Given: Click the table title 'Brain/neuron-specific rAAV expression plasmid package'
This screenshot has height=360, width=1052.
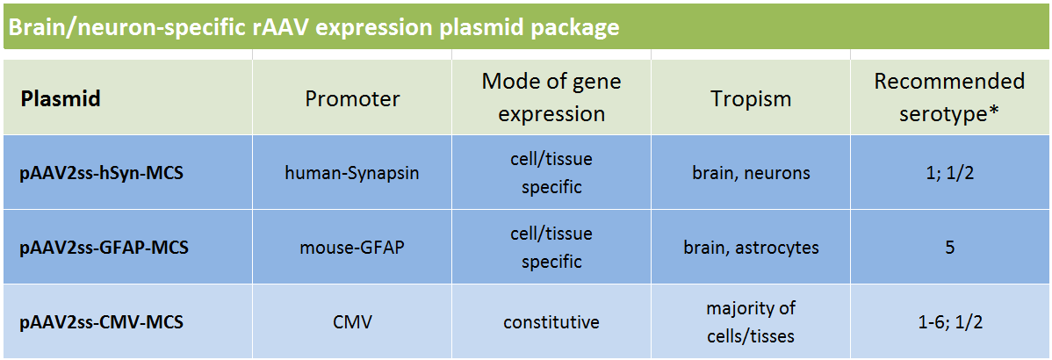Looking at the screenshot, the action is [x=313, y=27].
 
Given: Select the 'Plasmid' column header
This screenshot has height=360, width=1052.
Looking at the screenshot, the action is [x=61, y=99].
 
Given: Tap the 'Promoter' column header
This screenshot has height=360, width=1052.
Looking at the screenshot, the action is [x=352, y=99].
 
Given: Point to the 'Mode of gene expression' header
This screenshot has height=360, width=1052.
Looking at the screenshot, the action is [x=551, y=97].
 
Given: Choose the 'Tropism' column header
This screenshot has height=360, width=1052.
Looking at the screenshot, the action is [x=751, y=99].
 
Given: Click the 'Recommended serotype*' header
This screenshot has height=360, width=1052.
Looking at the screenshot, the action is [x=949, y=97].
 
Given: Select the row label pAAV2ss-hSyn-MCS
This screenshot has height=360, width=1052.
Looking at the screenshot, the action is [x=102, y=173].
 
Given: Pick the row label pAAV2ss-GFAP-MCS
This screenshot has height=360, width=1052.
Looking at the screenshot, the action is [x=104, y=248].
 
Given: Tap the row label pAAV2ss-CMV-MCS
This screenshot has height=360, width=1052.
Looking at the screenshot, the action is [x=101, y=321].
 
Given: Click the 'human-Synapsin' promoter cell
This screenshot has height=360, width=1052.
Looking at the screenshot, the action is [x=352, y=173].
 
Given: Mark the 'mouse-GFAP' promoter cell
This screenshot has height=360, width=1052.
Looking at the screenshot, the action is [x=352, y=248].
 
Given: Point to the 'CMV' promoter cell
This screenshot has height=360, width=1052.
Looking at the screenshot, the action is [x=352, y=322].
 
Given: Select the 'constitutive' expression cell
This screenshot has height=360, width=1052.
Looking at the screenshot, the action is [x=551, y=322].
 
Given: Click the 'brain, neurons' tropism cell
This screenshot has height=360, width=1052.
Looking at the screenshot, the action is [x=751, y=173].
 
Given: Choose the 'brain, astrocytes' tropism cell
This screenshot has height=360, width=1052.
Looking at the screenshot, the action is [x=751, y=248].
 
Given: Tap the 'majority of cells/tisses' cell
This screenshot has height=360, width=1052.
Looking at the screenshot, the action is [x=751, y=321].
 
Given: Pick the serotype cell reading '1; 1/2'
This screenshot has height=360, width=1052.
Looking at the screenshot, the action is [x=949, y=173].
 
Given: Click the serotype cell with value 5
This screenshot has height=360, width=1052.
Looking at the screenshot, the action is [x=949, y=248].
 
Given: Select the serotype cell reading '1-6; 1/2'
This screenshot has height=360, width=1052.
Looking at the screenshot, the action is [x=949, y=322].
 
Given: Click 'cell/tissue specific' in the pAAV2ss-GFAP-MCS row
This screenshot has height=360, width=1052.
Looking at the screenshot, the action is [x=551, y=247].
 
